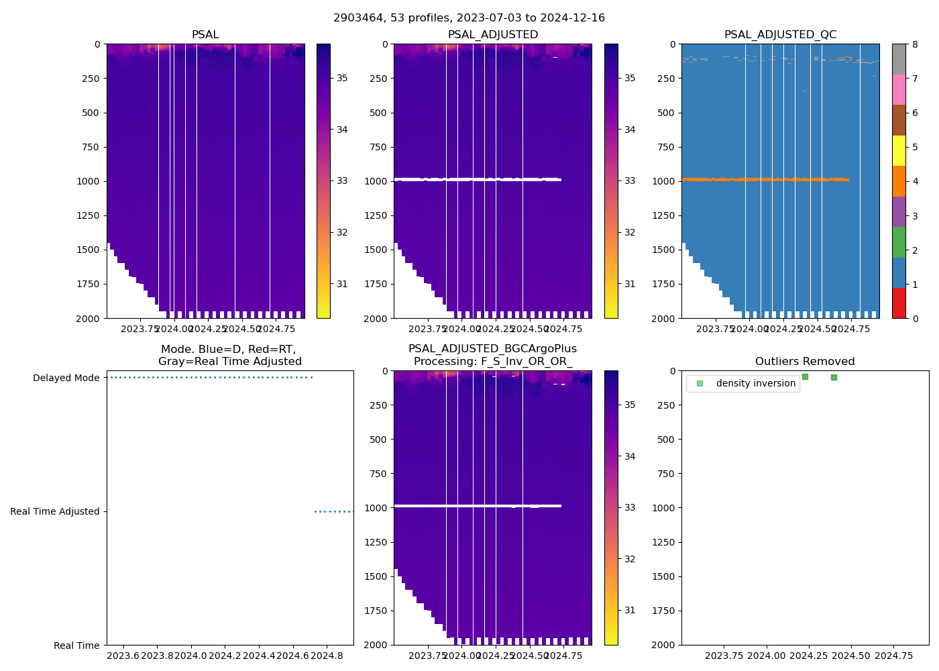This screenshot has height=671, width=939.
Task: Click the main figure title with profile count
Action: click(x=469, y=18)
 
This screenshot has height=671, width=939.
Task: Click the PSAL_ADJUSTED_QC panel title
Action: click(x=780, y=35)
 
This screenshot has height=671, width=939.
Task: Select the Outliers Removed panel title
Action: click(x=805, y=362)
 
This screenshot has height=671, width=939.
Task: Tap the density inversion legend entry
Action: click(x=755, y=384)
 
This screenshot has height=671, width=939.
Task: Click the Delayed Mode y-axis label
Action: click(x=66, y=378)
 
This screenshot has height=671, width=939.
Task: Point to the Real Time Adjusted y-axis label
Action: click(x=55, y=512)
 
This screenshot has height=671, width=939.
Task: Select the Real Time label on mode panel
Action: click(x=76, y=646)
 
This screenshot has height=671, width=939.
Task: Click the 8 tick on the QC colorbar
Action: click(x=915, y=44)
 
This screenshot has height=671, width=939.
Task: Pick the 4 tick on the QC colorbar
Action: click(x=915, y=182)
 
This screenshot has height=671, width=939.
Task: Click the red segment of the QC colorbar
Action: click(x=899, y=303)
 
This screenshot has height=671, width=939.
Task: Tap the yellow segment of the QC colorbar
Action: click(x=899, y=150)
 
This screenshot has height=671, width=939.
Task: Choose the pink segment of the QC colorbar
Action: click(x=899, y=89)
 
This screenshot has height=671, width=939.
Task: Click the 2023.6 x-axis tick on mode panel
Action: click(x=123, y=656)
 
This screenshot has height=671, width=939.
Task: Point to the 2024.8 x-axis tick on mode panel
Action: click(x=327, y=656)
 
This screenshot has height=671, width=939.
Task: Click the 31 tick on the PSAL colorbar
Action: click(x=342, y=285)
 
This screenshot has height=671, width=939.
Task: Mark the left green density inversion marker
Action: click(x=805, y=376)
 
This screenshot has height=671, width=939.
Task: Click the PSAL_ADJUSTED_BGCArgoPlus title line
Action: click(x=492, y=349)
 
